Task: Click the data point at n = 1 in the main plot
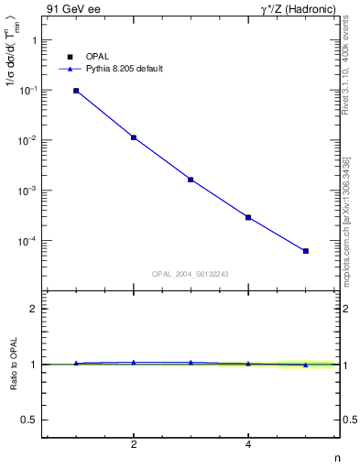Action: coord(76,91)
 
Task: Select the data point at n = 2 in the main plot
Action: coord(134,137)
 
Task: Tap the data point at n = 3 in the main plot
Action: coord(191,180)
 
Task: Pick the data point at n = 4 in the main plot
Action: coord(248,217)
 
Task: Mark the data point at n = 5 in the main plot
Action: coord(306,251)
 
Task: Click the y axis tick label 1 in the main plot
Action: coord(32,40)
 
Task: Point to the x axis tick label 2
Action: coord(134,445)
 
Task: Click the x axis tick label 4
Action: coord(248,445)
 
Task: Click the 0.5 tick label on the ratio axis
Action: coord(28,420)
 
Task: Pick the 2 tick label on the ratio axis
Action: coord(32,309)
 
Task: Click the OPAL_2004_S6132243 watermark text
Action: coord(191,274)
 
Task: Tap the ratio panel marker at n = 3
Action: coord(191,363)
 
